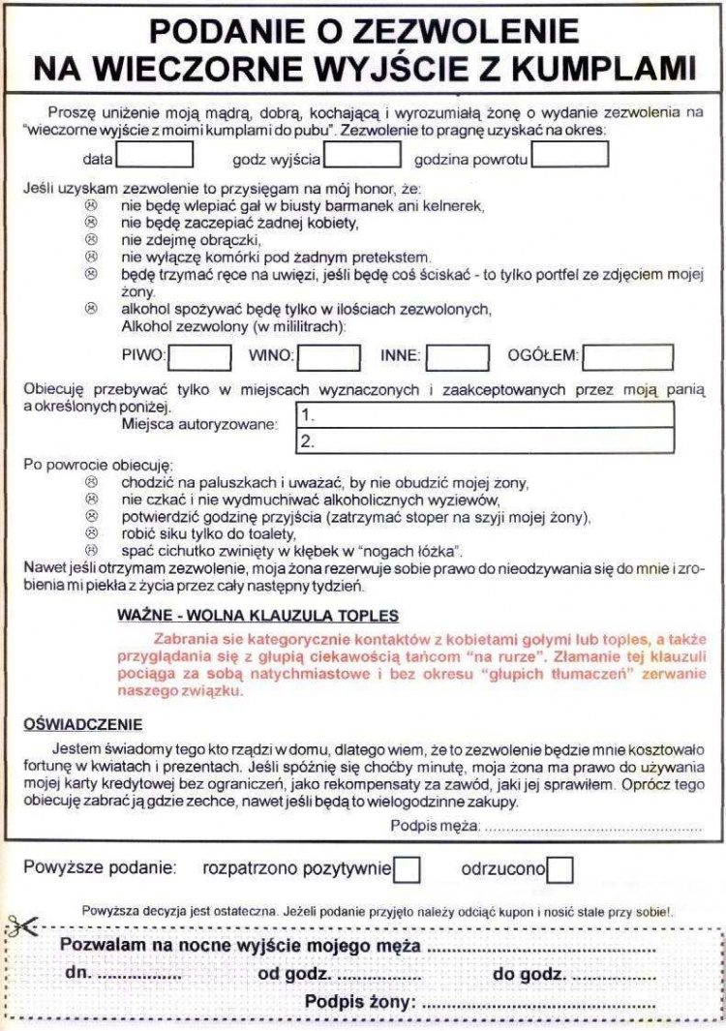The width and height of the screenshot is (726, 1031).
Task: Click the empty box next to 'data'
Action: coord(155,156)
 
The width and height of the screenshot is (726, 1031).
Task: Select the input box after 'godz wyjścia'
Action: coord(362,156)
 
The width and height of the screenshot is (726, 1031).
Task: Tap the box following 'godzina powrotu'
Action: coord(570,156)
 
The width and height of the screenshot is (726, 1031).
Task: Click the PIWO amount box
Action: coord(200,357)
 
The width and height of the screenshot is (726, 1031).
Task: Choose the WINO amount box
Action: coord(328,357)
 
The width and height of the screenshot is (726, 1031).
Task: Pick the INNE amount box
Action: coord(457,357)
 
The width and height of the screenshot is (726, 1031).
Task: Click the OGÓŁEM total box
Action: coord(628,357)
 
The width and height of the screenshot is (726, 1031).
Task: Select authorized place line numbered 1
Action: coord(483,416)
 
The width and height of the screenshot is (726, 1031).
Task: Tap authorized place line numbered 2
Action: coord(483,441)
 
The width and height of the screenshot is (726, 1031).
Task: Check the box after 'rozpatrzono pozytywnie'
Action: coord(408,869)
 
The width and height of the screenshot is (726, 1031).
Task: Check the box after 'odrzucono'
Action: coord(560,869)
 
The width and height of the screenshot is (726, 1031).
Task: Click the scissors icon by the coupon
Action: coord(20,927)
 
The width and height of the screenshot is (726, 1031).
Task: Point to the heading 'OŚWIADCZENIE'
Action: coord(82,723)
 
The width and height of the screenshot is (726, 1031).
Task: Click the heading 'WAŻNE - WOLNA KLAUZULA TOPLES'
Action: coord(257,617)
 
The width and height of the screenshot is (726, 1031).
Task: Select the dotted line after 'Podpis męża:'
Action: coord(592,827)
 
